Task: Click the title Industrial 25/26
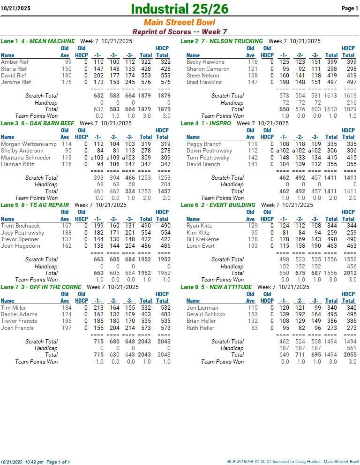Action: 180,8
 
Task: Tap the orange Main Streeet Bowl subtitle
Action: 180,23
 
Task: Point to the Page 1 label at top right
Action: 350,8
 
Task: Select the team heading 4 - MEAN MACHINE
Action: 47,41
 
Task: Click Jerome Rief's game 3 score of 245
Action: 130,82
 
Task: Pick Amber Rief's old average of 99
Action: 68,62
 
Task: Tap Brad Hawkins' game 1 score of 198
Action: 284,82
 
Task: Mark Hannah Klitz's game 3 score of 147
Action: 130,164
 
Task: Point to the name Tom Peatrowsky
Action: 208,158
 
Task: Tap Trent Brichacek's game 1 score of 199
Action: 98,226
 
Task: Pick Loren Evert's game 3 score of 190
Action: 315,246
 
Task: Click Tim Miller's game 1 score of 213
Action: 98,308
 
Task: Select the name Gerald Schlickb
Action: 206,314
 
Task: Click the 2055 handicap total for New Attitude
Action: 350,355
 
